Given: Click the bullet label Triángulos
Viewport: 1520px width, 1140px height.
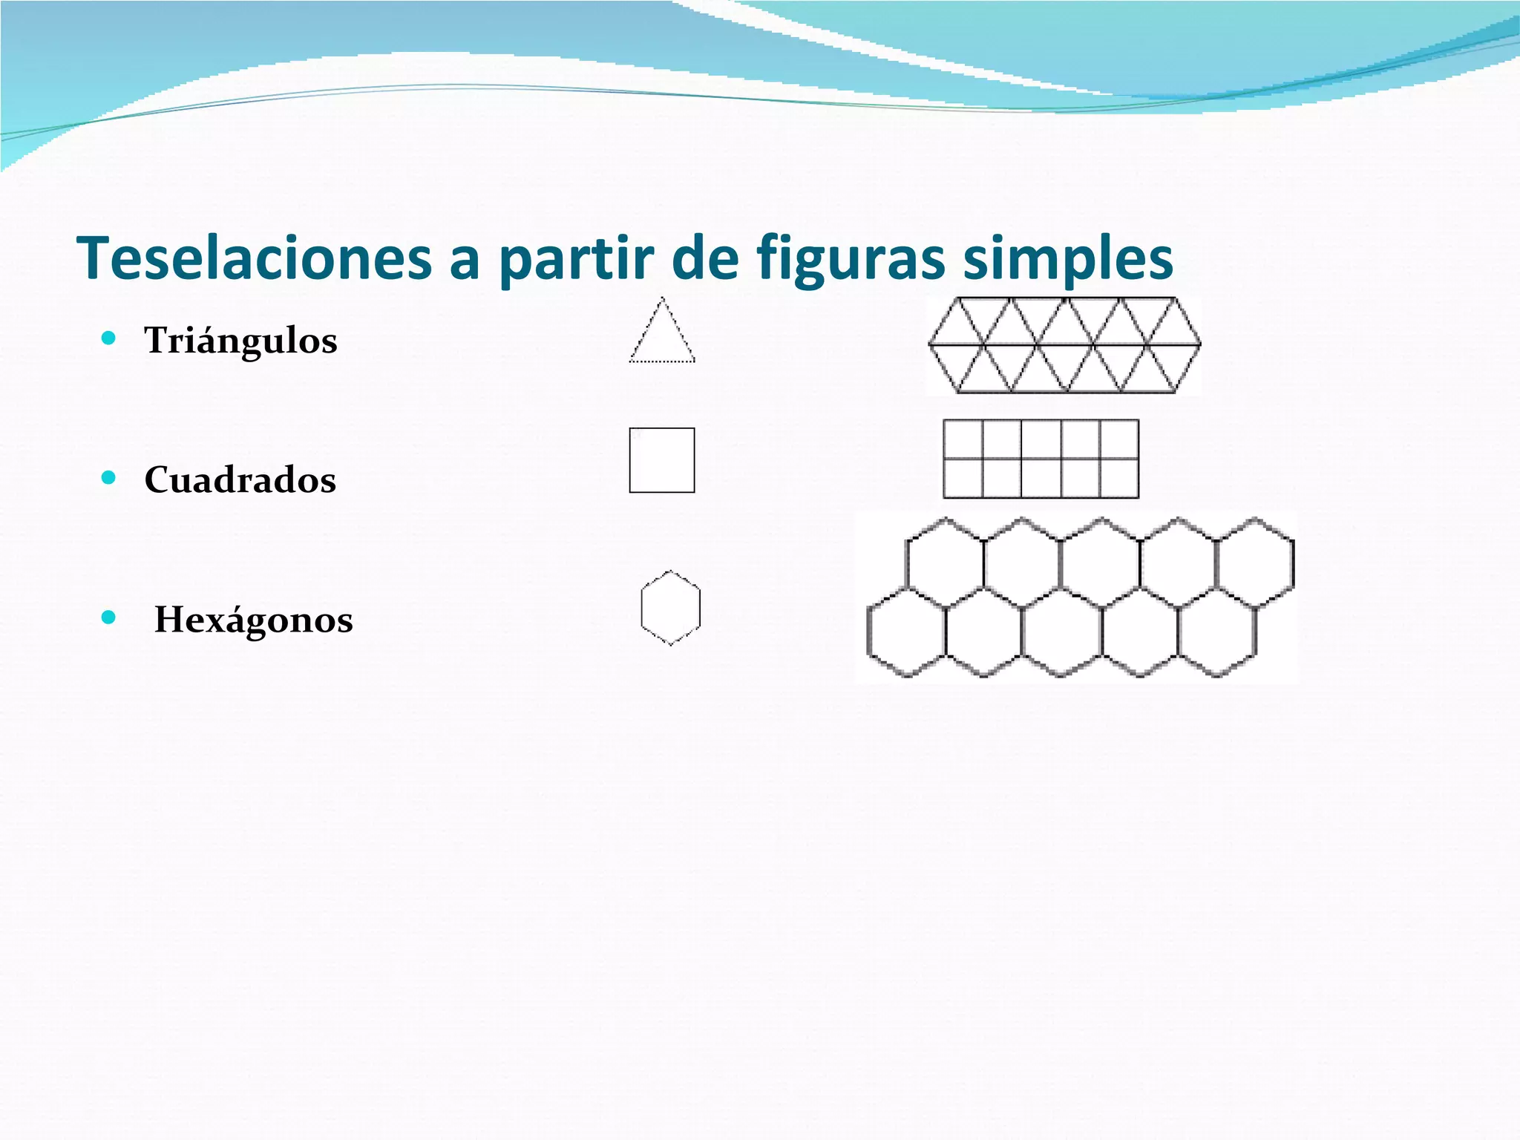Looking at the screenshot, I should click(240, 341).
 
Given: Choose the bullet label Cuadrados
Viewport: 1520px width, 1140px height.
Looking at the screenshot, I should click(240, 479).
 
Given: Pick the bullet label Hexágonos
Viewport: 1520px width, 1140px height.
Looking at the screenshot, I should click(253, 619).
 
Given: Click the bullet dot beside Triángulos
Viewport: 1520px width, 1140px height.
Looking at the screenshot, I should click(109, 339).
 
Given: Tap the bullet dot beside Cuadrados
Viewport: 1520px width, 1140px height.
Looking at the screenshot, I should click(109, 478).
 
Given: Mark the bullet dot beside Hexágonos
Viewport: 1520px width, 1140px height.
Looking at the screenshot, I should click(109, 617).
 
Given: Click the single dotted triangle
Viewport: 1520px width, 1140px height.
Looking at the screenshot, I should click(662, 338).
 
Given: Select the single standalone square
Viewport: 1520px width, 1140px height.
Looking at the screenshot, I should click(662, 460).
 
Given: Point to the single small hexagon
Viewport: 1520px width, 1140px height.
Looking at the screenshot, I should click(670, 608).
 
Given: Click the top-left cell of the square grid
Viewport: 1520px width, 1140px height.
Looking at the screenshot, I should click(963, 439).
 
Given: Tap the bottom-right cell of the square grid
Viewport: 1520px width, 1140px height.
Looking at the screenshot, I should click(1118, 479).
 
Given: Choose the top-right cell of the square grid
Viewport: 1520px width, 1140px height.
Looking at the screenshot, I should click(1118, 439).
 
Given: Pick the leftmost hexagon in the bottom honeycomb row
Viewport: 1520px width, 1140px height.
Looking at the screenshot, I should click(906, 632).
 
